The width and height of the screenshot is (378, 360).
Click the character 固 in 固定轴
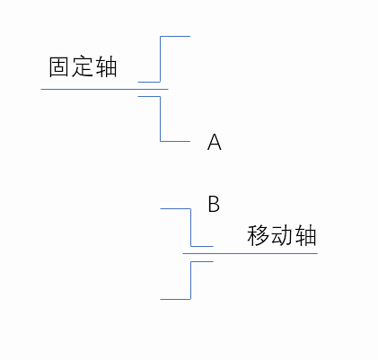pyautogui.click(x=58, y=66)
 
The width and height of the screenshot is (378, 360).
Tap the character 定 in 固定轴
pyautogui.click(x=82, y=66)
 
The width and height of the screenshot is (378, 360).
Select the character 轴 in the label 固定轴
pyautogui.click(x=106, y=66)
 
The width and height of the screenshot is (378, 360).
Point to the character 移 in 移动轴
pyautogui.click(x=258, y=235)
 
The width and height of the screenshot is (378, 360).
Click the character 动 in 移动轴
pyautogui.click(x=281, y=235)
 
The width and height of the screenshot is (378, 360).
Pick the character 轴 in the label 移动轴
pyautogui.click(x=305, y=235)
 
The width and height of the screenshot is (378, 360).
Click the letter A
pyautogui.click(x=215, y=142)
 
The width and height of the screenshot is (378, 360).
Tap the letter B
pyautogui.click(x=214, y=204)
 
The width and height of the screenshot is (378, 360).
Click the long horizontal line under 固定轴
pyautogui.click(x=104, y=89)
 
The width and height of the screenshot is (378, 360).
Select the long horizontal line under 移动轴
pyautogui.click(x=251, y=253)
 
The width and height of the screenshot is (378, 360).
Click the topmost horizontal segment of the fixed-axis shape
pyautogui.click(x=175, y=37)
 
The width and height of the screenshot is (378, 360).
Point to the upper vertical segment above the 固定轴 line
pyautogui.click(x=161, y=59)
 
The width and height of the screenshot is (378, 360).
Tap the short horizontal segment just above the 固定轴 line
pyautogui.click(x=149, y=82)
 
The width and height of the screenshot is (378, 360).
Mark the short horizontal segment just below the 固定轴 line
pyautogui.click(x=149, y=96)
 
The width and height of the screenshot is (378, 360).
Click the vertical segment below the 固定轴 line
pyautogui.click(x=161, y=119)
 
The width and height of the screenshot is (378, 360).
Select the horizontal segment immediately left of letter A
pyautogui.click(x=175, y=141)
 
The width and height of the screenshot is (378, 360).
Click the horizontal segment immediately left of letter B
pyautogui.click(x=175, y=208)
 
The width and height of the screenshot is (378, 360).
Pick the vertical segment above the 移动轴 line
pyautogui.click(x=190, y=227)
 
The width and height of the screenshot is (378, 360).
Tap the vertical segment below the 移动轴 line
pyautogui.click(x=190, y=280)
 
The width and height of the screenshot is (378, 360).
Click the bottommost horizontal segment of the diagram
pyautogui.click(x=175, y=299)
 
